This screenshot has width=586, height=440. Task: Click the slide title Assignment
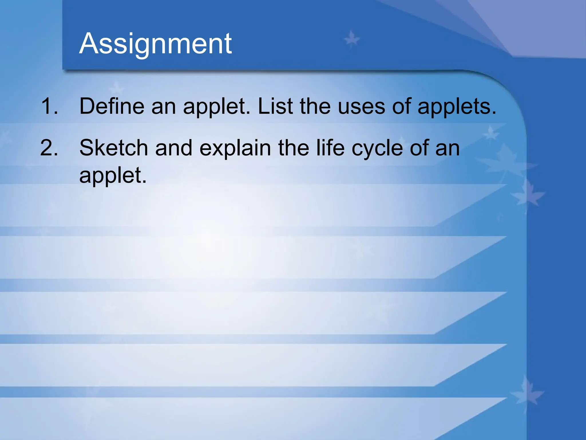pyautogui.click(x=155, y=44)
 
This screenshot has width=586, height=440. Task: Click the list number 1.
pyautogui.click(x=49, y=106)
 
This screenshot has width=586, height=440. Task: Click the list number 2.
pyautogui.click(x=49, y=148)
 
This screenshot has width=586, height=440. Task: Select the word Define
pyautogui.click(x=112, y=106)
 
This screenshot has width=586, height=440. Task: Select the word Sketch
pyautogui.click(x=113, y=148)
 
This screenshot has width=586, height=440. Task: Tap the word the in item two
pyautogui.click(x=294, y=148)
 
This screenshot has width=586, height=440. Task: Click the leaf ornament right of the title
pyautogui.click(x=351, y=39)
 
